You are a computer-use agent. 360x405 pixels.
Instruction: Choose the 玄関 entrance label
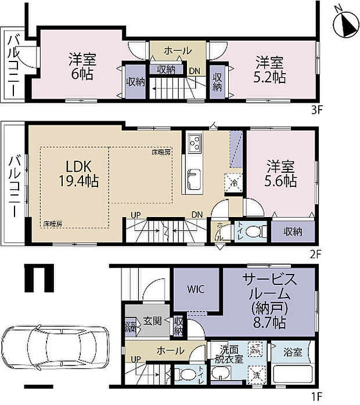(x=152, y=321)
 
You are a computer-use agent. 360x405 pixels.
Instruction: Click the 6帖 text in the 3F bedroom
(x=81, y=74)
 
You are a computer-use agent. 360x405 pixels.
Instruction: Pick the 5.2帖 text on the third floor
(x=270, y=77)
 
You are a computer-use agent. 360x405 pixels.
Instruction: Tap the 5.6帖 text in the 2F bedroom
(x=282, y=181)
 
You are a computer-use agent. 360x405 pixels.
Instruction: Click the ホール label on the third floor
(x=178, y=50)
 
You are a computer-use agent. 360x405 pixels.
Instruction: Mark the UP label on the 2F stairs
(x=135, y=215)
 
